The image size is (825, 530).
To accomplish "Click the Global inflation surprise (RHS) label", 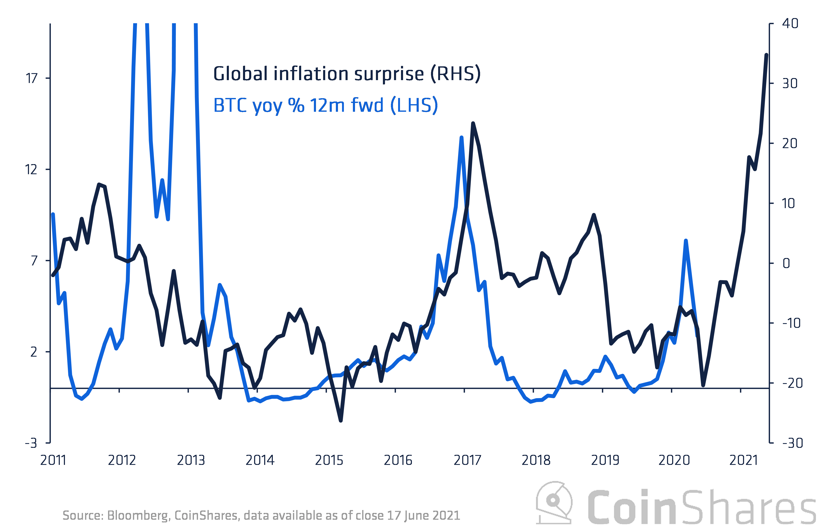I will (347, 74).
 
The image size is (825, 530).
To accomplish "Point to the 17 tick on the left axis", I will (32, 78).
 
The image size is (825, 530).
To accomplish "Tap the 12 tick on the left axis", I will (31, 169).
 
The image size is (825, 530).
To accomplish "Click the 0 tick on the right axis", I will (786, 263).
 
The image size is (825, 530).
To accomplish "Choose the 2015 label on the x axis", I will (329, 460).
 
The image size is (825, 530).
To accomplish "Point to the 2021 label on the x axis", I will (743, 460).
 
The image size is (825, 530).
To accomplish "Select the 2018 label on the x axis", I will (536, 460).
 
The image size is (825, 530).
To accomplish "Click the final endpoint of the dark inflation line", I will (766, 54).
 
